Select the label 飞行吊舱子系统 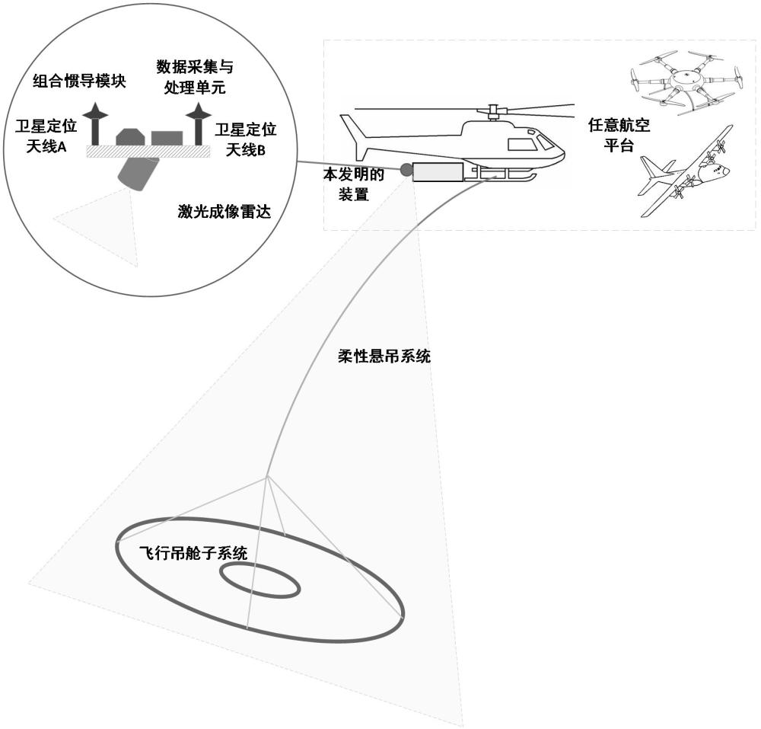(193, 554)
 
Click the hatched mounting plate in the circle (148, 152)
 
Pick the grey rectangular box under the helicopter (438, 173)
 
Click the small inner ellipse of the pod (261, 581)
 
